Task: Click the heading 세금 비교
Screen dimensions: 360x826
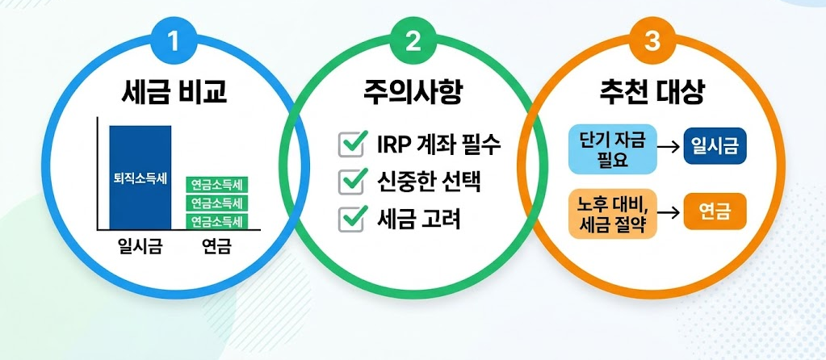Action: coord(174,91)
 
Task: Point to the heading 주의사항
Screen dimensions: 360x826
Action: coord(413,91)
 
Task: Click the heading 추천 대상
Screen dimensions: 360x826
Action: coord(652,91)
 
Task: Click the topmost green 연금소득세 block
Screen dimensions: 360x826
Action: coord(216,184)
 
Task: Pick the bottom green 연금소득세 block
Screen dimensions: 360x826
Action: coord(216,220)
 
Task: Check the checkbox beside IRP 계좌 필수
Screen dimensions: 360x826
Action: coord(351,145)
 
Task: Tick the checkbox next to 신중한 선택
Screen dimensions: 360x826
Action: coord(351,182)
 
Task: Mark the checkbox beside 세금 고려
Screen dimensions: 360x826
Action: coord(351,219)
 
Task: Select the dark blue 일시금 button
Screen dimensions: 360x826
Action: coord(715,146)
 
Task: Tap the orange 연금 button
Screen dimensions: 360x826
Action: coord(715,213)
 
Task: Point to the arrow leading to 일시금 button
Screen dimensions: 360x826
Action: coord(666,148)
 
